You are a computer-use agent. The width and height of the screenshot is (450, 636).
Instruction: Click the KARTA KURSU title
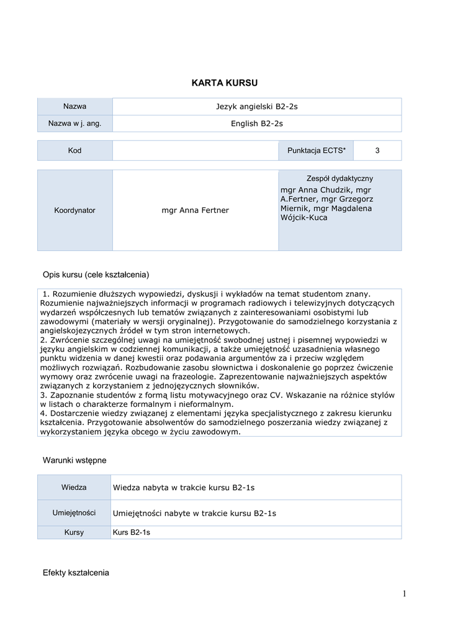click(224, 83)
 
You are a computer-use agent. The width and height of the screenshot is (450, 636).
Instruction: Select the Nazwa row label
click(74, 106)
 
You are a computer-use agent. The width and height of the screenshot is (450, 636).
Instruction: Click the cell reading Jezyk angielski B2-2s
click(256, 107)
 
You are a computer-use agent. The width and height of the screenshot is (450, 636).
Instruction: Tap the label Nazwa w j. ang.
click(74, 124)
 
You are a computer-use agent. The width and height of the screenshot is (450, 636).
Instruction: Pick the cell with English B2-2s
click(256, 124)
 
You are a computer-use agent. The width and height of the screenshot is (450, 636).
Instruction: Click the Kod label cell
click(74, 150)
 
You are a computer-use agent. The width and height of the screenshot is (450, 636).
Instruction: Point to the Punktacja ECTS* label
click(317, 150)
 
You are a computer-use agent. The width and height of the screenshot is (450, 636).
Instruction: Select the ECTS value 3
click(377, 150)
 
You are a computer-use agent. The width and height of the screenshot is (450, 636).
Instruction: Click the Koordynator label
click(74, 210)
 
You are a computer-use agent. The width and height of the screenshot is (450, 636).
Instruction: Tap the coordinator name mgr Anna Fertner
click(195, 211)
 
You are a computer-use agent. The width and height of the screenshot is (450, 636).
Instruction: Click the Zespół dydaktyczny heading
click(340, 178)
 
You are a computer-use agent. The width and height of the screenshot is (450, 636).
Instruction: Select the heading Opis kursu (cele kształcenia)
click(96, 275)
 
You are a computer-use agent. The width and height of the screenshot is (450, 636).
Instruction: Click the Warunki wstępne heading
click(74, 460)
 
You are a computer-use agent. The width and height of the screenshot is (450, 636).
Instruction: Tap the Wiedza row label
click(74, 488)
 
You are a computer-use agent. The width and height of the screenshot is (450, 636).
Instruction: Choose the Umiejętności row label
click(74, 513)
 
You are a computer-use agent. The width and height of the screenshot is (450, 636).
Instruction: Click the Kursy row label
click(74, 532)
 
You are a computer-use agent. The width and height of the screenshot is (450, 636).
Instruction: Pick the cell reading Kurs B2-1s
click(132, 532)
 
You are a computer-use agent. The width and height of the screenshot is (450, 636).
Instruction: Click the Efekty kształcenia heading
click(76, 572)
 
